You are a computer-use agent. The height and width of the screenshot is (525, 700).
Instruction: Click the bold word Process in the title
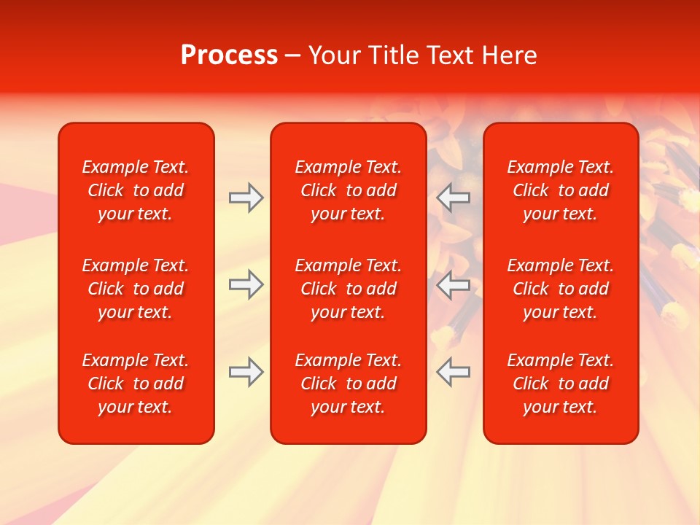pyautogui.click(x=229, y=55)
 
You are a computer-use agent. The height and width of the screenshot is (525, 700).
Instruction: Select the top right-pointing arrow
pyautogui.click(x=246, y=198)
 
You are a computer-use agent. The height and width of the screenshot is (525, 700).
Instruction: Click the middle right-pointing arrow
pyautogui.click(x=246, y=284)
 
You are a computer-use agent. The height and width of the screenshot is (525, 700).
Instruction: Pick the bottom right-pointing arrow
pyautogui.click(x=246, y=372)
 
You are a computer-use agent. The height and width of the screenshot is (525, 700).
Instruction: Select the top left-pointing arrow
pyautogui.click(x=453, y=198)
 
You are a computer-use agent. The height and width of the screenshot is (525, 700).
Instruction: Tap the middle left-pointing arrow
pyautogui.click(x=453, y=284)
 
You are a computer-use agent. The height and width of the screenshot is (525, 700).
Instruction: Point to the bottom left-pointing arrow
pyautogui.click(x=453, y=372)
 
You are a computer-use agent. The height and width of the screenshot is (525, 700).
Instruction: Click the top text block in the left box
pyautogui.click(x=136, y=190)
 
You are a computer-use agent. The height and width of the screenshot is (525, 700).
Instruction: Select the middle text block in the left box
pyautogui.click(x=136, y=289)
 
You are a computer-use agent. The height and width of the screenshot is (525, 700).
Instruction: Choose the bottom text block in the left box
pyautogui.click(x=136, y=384)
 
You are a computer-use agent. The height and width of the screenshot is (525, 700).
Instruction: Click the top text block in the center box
pyautogui.click(x=348, y=190)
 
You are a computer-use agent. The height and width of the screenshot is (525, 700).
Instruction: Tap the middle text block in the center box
pyautogui.click(x=348, y=289)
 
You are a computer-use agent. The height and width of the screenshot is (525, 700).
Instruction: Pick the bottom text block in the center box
pyautogui.click(x=348, y=384)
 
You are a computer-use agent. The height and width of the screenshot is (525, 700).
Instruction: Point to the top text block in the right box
pyautogui.click(x=561, y=190)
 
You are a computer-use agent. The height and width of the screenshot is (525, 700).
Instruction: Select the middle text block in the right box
pyautogui.click(x=561, y=289)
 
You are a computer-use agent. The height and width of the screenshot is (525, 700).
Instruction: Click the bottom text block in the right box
pyautogui.click(x=561, y=384)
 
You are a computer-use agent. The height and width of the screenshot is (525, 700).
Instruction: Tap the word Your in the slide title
pyautogui.click(x=334, y=55)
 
